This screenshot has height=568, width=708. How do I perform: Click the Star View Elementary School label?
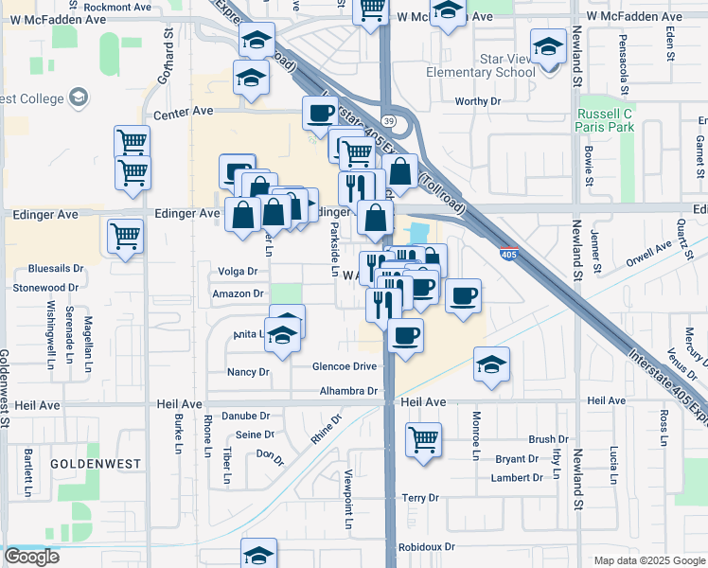click(480, 65)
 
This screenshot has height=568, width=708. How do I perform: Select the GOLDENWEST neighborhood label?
click(95, 464)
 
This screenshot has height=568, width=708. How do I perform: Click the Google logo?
click(31, 557)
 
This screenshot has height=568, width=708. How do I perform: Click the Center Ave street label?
click(183, 112)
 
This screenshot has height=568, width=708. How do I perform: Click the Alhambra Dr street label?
click(348, 390)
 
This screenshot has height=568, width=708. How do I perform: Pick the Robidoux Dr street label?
click(427, 547)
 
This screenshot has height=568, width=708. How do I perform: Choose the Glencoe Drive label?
click(345, 366)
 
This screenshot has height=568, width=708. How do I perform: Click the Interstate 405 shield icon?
click(508, 253)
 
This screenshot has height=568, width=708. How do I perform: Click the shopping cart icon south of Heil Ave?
click(422, 438)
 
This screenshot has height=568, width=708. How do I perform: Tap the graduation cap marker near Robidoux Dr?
click(258, 554)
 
